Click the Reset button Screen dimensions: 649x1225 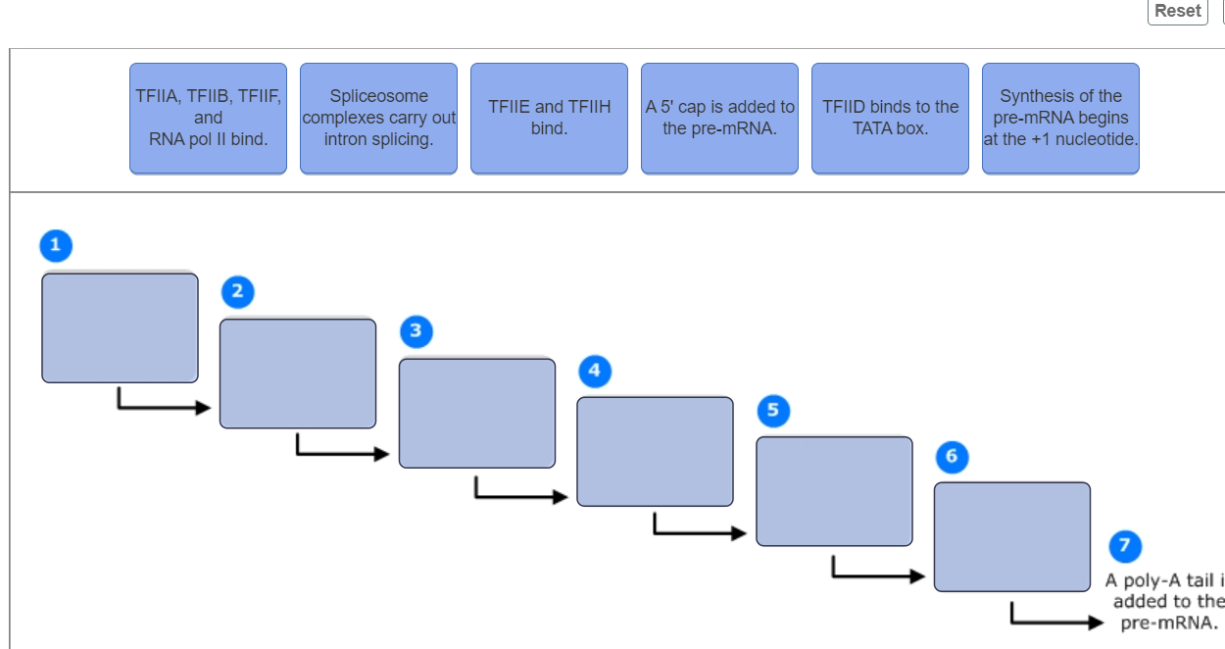click(1177, 12)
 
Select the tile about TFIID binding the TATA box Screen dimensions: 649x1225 click(890, 119)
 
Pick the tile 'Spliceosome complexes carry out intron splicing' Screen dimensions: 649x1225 click(378, 119)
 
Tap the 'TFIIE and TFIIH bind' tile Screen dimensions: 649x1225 click(549, 119)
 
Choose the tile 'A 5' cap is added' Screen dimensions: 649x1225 click(719, 119)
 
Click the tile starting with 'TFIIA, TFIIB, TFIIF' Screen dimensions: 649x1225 click(208, 119)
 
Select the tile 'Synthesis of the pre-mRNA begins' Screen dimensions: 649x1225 click(1060, 119)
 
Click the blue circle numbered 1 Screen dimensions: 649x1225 click(56, 245)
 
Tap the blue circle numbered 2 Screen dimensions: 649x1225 click(236, 291)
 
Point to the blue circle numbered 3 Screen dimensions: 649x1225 click(416, 331)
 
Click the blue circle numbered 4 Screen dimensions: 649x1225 click(594, 372)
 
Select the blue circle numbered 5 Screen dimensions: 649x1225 click(773, 410)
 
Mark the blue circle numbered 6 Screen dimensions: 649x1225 click(952, 456)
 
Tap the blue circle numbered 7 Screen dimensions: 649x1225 click(1124, 545)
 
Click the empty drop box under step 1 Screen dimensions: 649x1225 click(120, 327)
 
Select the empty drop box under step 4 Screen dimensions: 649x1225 click(655, 451)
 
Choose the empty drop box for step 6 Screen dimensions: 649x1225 click(1011, 537)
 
